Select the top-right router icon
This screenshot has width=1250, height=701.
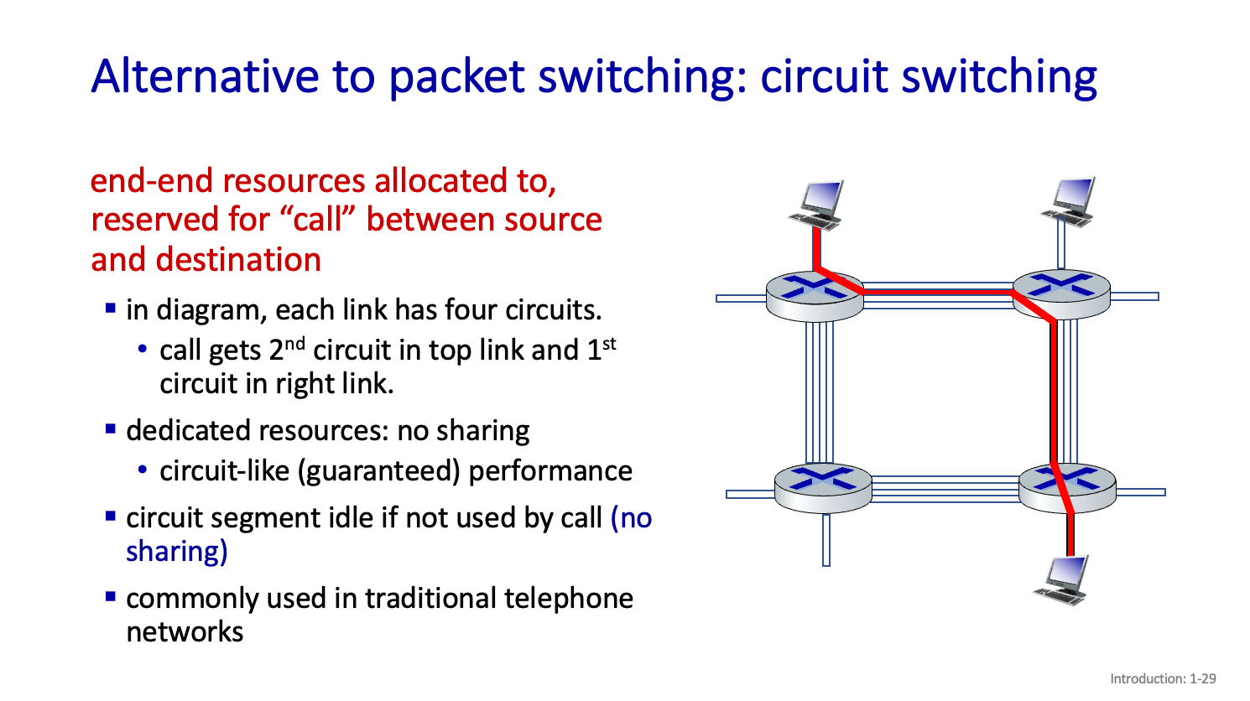1061,293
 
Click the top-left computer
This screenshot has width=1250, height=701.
817,204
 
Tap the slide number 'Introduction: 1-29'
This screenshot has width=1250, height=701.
1162,678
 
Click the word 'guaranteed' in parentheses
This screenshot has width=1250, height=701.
379,471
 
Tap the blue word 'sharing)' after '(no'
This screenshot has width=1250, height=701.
177,552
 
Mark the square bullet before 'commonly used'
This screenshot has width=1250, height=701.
111,597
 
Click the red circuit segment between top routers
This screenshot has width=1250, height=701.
937,292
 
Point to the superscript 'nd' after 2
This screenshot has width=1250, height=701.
295,341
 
